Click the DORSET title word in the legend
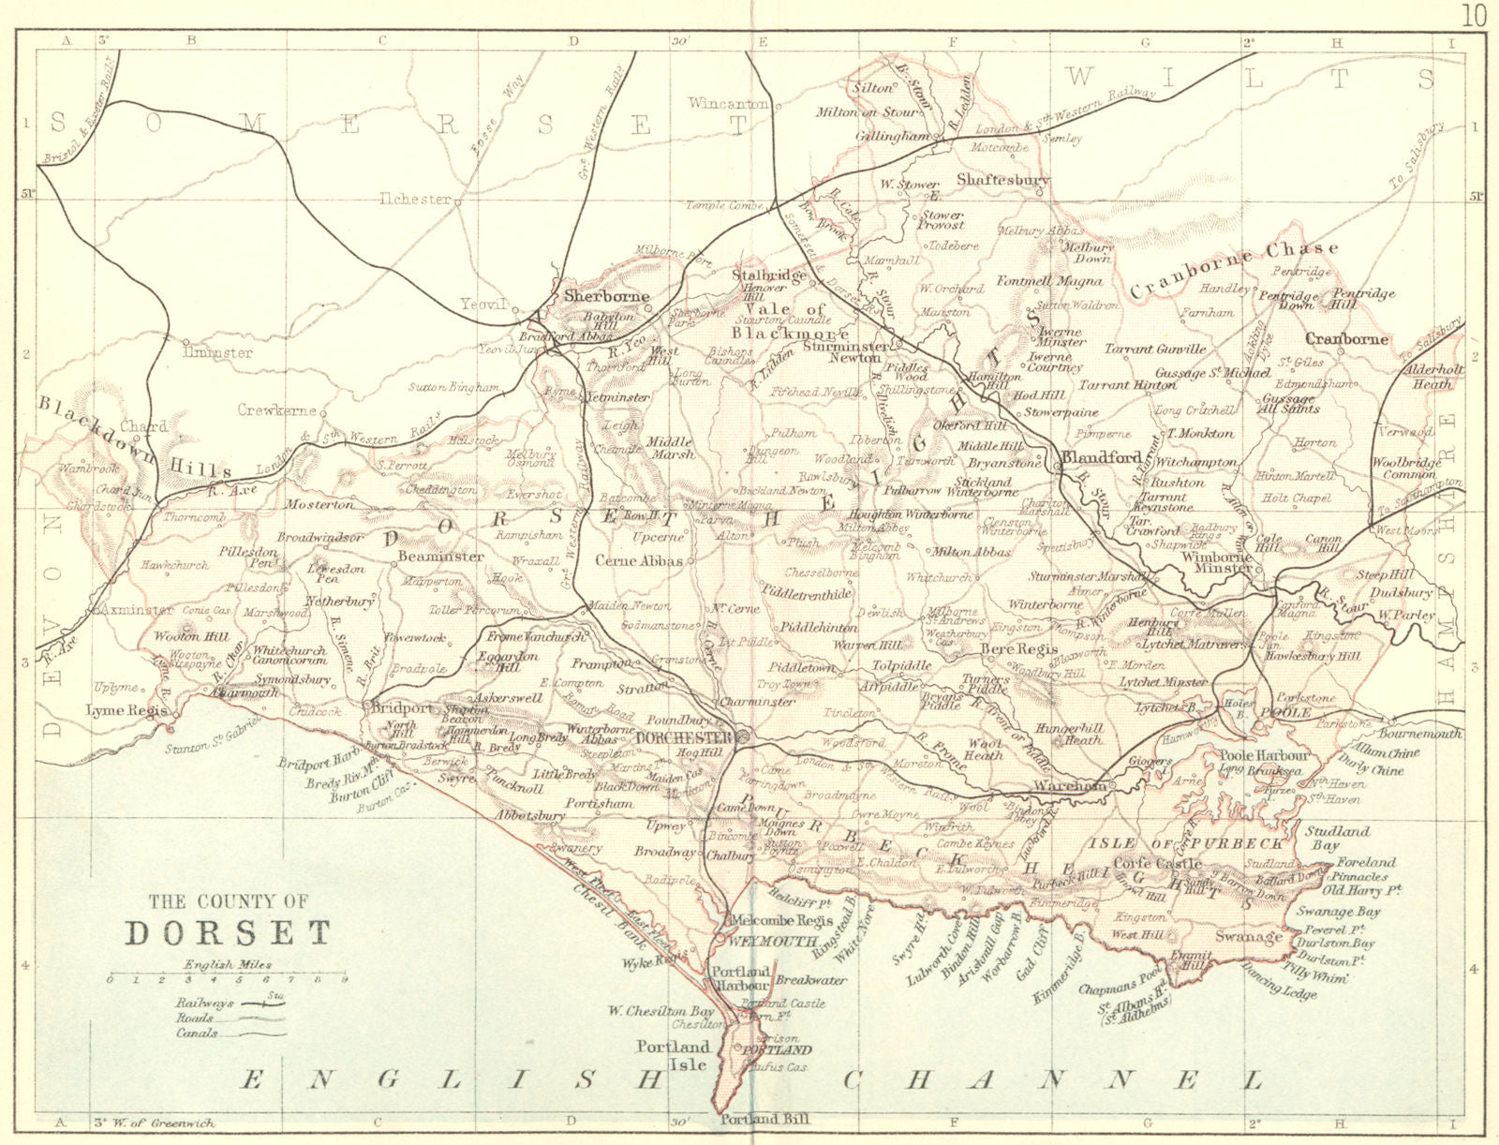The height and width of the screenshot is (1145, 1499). click(229, 933)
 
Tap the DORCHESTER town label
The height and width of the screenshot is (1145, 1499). click(682, 737)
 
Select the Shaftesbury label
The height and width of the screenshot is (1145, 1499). click(1002, 179)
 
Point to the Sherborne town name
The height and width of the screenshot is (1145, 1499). click(607, 296)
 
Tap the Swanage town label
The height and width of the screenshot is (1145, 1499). click(1248, 936)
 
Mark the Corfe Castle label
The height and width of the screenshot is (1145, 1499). click(1157, 863)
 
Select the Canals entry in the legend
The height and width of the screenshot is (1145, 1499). click(197, 1033)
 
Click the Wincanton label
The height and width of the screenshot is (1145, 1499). click(729, 103)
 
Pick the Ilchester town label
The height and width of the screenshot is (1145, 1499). click(414, 199)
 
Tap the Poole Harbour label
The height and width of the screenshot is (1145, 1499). click(1263, 755)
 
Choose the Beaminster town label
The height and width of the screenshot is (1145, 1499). click(440, 557)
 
